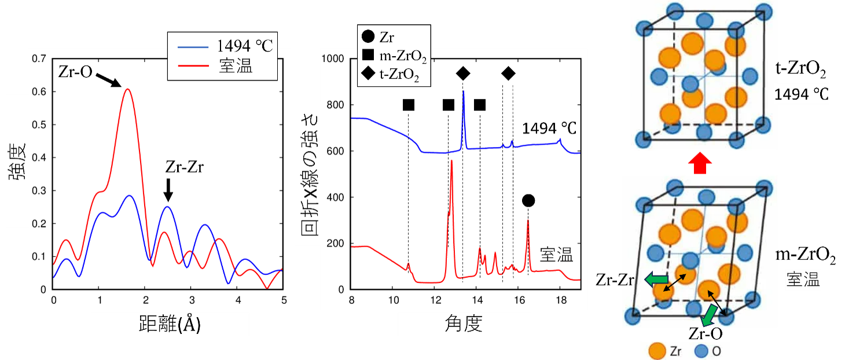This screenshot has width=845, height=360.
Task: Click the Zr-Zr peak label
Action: pyautogui.click(x=168, y=168)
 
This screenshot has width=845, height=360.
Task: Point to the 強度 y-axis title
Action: pyautogui.click(x=17, y=161)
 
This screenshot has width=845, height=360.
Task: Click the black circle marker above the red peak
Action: pyautogui.click(x=528, y=201)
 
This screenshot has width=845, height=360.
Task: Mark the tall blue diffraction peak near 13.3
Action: pyautogui.click(x=463, y=93)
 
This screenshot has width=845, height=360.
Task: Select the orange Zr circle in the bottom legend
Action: pyautogui.click(x=656, y=350)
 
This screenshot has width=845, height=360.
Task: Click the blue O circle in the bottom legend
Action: pyautogui.click(x=702, y=350)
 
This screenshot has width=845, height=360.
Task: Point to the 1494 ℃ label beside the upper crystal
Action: pyautogui.click(x=802, y=94)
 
